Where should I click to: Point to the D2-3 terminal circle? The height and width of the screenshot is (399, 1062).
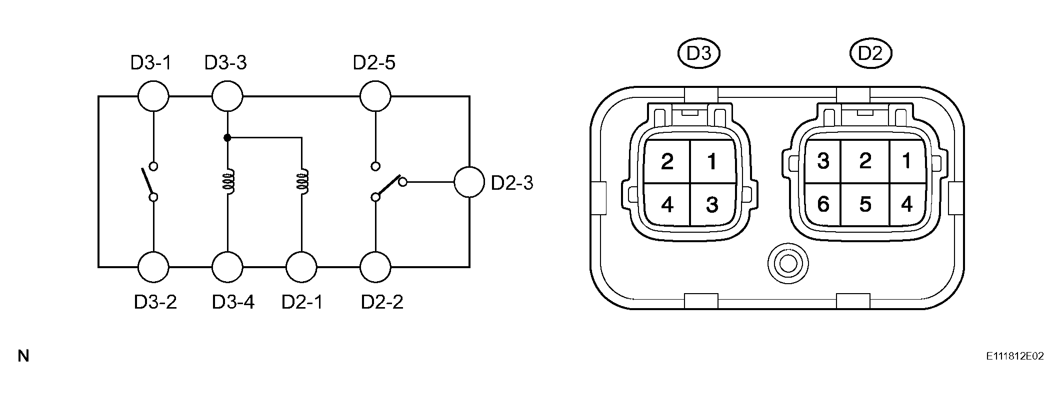click(469, 182)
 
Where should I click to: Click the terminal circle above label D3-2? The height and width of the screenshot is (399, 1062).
click(153, 267)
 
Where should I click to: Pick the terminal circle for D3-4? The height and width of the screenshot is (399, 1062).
click(227, 267)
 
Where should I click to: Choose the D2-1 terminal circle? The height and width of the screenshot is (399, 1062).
click(301, 267)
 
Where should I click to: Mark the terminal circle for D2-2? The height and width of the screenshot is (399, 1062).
click(375, 267)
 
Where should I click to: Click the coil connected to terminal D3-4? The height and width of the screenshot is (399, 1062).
click(228, 182)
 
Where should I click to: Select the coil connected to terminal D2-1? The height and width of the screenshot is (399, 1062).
click(303, 182)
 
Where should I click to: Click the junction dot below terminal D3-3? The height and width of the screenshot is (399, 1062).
click(227, 137)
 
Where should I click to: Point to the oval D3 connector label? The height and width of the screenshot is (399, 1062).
click(698, 53)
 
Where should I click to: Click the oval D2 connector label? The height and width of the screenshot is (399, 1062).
click(870, 53)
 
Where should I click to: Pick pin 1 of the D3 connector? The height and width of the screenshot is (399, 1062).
click(712, 161)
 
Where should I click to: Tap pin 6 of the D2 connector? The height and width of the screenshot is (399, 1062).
click(823, 204)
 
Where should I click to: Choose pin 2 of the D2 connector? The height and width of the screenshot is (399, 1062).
click(865, 161)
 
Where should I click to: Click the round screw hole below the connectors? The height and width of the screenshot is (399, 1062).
click(788, 263)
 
